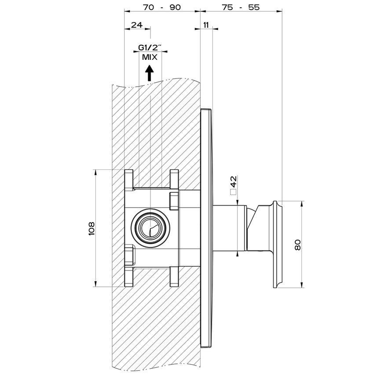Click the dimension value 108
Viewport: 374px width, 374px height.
point(92,228)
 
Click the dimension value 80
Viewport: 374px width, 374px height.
point(297,245)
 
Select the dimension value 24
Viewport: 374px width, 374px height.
point(137,25)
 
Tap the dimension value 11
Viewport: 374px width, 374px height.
point(206,25)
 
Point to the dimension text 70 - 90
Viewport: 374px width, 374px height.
point(162,7)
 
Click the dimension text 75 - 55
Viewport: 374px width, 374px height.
point(241,7)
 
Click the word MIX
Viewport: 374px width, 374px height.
point(150,57)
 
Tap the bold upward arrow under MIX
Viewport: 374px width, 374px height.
point(150,73)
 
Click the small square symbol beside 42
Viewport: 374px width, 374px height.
point(233,192)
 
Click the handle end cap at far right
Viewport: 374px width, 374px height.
point(278,245)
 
